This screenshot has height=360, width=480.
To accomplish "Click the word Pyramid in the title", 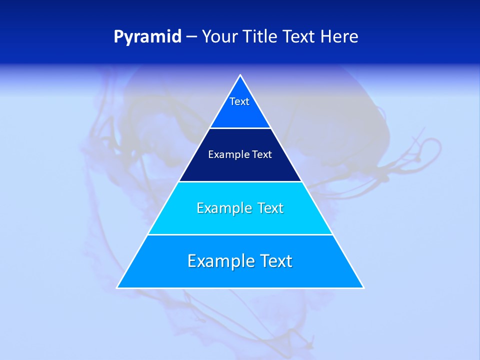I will [147, 37].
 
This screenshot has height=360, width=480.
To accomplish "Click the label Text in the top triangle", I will [239, 101].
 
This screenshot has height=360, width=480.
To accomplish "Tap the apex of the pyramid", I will [240, 75].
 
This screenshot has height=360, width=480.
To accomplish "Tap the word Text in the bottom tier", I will [274, 261].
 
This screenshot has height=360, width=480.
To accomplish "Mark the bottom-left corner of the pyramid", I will [117, 287].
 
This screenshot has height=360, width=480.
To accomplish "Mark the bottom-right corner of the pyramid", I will [363, 287].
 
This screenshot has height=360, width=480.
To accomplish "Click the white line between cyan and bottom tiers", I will [240, 234].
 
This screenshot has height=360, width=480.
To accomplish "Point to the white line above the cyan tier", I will [240, 181].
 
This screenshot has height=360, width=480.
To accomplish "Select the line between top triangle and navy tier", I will [240, 128].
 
